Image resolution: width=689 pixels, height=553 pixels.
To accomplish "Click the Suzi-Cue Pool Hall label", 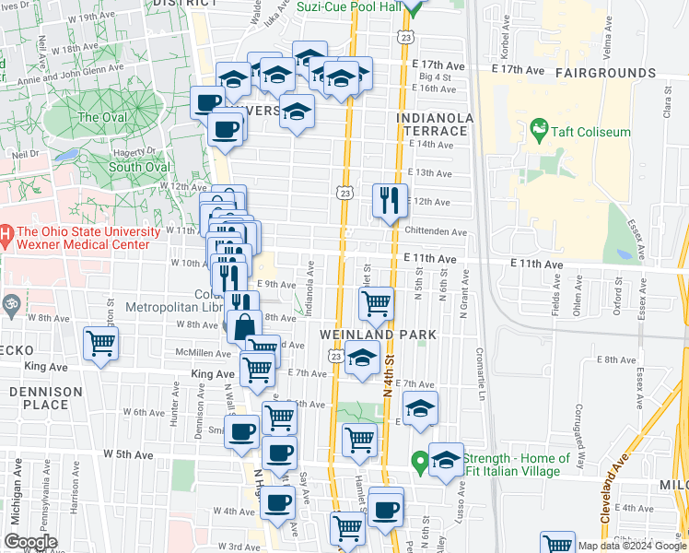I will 351,7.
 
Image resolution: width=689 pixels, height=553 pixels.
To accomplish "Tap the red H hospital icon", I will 6,238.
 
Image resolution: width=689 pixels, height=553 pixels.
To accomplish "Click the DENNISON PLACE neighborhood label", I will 47,397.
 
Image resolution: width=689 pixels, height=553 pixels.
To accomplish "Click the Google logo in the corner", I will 31,542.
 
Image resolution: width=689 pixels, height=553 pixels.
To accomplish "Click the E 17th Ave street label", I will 519,69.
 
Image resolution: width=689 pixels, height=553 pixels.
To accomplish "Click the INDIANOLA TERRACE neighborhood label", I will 436,124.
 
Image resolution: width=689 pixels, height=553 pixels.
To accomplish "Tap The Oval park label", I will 101,117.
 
